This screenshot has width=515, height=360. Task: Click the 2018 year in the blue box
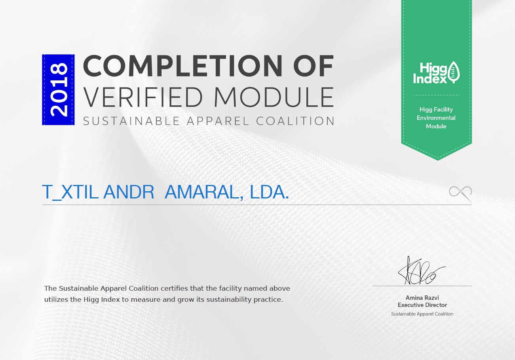(58, 90)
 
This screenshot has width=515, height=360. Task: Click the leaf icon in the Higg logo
(454, 72)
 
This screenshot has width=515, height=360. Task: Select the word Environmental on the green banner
(436, 118)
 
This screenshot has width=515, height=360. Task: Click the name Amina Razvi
(422, 297)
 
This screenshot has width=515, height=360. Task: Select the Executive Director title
(422, 305)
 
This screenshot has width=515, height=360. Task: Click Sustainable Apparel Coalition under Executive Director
(422, 314)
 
